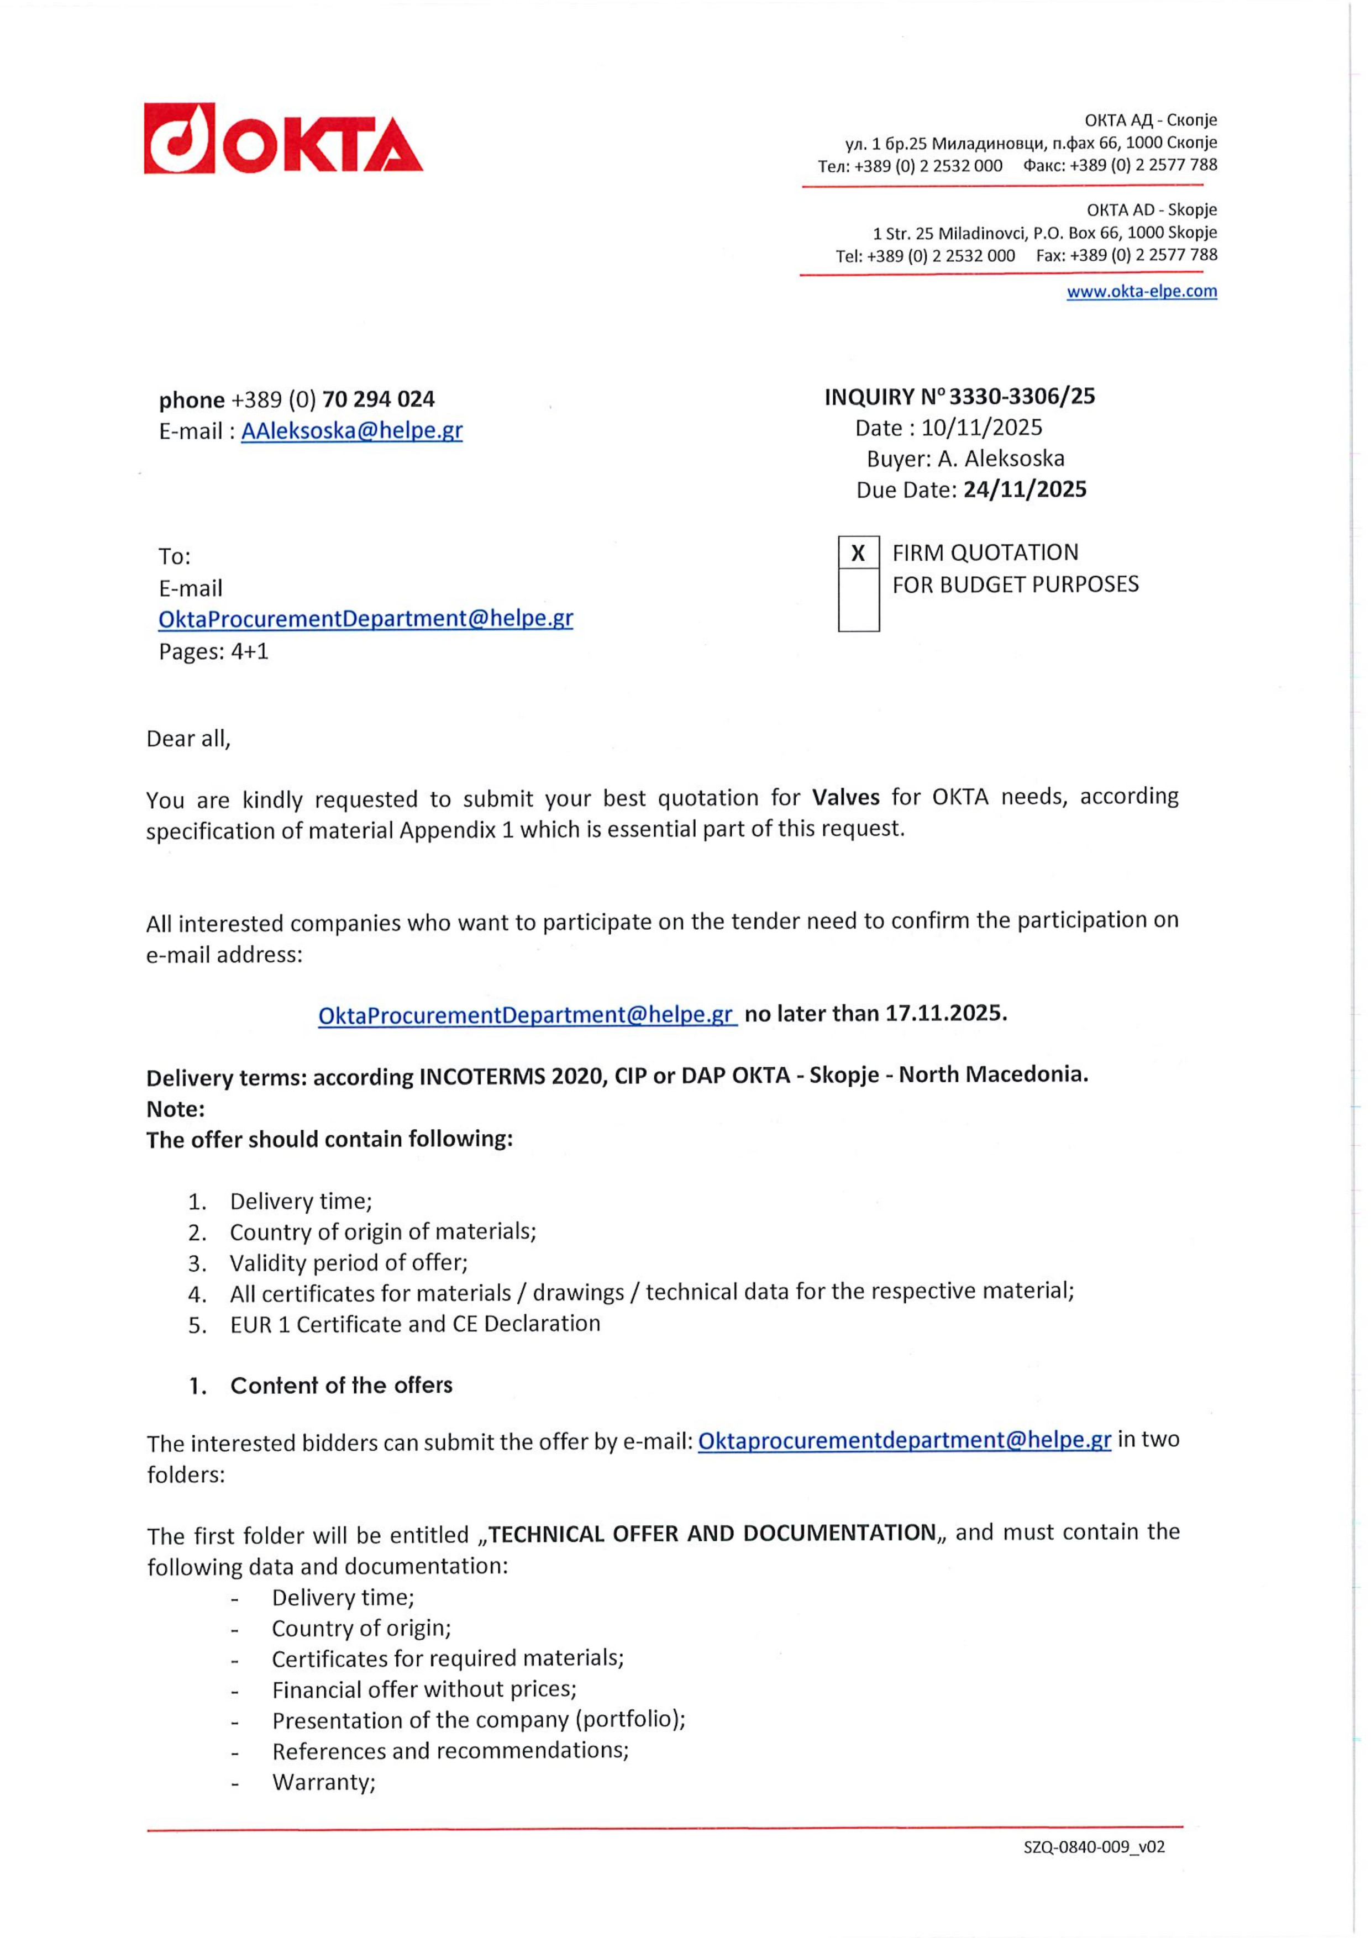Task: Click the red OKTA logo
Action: click(283, 139)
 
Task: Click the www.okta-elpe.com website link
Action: click(1141, 291)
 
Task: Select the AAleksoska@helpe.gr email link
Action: click(352, 430)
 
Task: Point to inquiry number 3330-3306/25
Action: click(1022, 396)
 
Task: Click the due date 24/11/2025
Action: click(1025, 489)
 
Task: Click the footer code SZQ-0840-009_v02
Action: click(1094, 1847)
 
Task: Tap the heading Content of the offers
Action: click(341, 1385)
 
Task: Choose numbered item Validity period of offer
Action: click(349, 1263)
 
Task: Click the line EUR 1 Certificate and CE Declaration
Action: click(414, 1324)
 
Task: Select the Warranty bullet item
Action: click(323, 1782)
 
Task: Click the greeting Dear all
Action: click(188, 739)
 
